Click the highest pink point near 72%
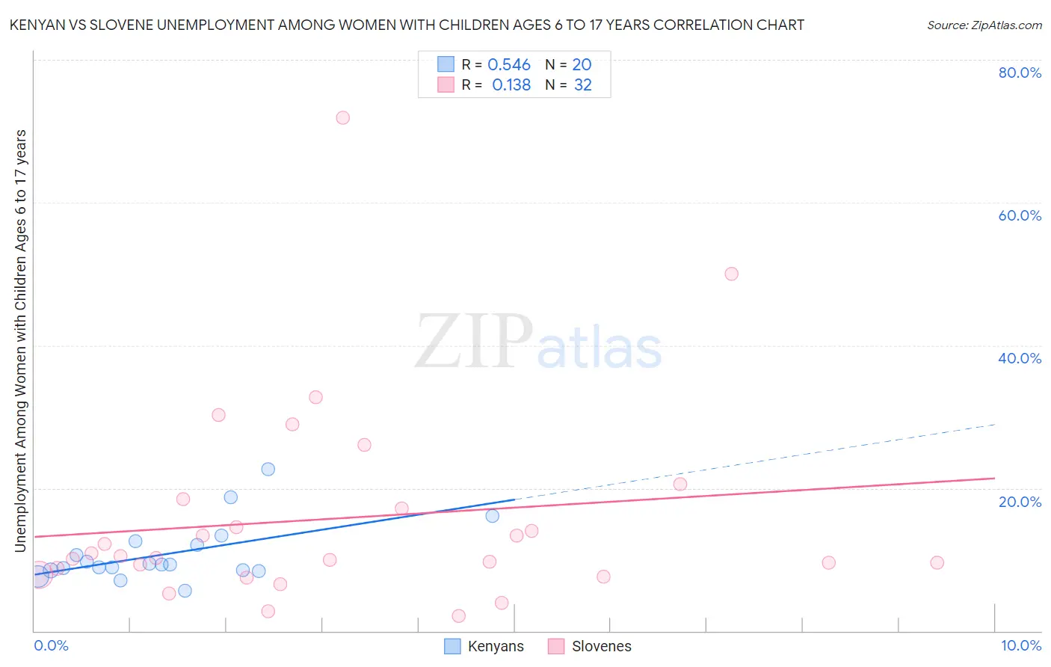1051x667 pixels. [342, 117]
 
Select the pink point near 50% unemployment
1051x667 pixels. [731, 274]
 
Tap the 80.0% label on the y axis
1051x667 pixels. [1020, 73]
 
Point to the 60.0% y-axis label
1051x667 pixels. [1020, 215]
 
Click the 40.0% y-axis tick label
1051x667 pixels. [1020, 358]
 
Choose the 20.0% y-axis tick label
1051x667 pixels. [1020, 502]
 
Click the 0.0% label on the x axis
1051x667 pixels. [51, 645]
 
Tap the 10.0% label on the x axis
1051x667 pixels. [1020, 645]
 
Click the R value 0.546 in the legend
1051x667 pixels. [509, 65]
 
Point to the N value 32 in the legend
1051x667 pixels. [583, 85]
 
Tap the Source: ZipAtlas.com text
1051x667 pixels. [984, 25]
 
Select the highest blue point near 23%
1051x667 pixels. [268, 469]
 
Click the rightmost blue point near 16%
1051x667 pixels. [492, 516]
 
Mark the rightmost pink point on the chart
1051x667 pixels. [937, 562]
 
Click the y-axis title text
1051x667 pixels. [21, 340]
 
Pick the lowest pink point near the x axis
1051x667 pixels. [458, 615]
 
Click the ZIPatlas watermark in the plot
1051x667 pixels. [538, 342]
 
